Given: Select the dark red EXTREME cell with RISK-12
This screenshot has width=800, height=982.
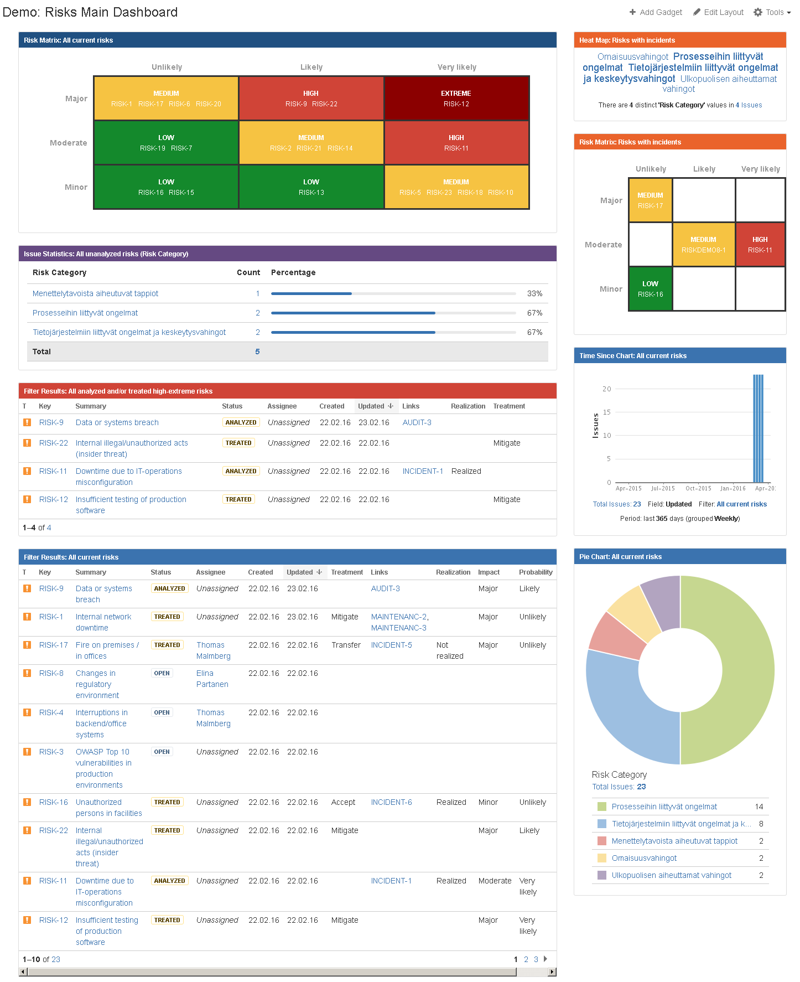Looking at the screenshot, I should point(456,99).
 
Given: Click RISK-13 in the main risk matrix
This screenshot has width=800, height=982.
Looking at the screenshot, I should point(311,193).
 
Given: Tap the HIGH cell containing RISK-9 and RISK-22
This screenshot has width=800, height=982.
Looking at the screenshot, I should point(311,99).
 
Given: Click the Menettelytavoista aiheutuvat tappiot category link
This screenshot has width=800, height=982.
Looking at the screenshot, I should point(95,293).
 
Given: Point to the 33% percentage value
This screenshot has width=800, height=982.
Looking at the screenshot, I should point(534,293).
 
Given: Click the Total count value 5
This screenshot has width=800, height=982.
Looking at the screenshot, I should point(257,352).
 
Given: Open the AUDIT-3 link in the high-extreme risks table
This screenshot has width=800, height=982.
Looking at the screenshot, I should point(417,422).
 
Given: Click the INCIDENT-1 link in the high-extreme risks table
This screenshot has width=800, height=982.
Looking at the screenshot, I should point(423,471).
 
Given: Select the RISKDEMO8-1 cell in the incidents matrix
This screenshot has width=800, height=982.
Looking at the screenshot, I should point(703,245).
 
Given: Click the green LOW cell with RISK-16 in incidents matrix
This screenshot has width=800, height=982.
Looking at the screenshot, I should point(650,289).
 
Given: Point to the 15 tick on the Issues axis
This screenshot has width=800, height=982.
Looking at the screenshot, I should point(607,412).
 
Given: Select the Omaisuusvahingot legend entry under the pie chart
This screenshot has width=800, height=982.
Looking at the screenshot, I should point(644,858).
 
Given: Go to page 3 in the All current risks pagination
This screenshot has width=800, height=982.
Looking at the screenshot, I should point(536,959).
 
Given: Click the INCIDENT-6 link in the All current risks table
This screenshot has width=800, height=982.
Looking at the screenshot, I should point(391,802).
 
